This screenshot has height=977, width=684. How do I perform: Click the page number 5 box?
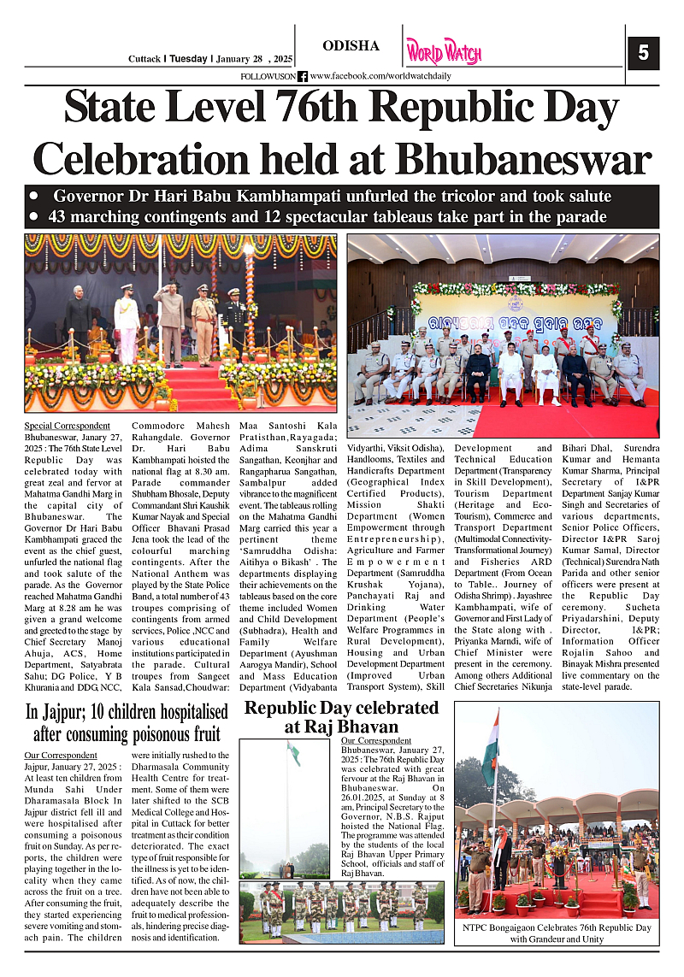click(x=643, y=54)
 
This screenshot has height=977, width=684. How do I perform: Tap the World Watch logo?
click(x=443, y=52)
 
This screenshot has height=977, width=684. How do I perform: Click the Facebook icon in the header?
click(x=303, y=76)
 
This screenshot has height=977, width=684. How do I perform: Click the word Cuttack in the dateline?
click(x=144, y=59)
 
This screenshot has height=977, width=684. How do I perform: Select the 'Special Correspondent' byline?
click(x=67, y=426)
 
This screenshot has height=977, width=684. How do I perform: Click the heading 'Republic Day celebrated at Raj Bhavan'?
click(x=341, y=717)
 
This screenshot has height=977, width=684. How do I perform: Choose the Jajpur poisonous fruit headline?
click(x=127, y=722)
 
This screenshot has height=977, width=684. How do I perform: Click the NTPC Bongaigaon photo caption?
click(x=557, y=933)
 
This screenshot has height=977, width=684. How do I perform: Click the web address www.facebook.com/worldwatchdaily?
click(x=380, y=76)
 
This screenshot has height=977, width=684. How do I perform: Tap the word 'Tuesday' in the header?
click(x=186, y=59)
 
